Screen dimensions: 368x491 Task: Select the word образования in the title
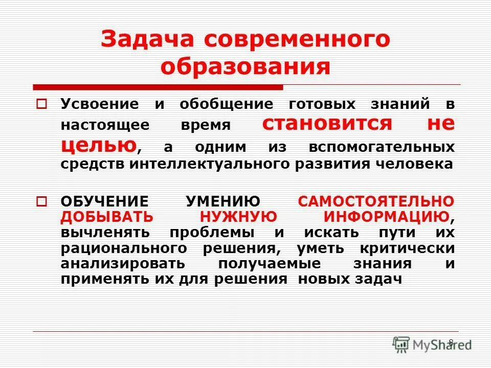245,67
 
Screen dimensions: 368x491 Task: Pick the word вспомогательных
382,147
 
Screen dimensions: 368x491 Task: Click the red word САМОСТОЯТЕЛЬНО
376,201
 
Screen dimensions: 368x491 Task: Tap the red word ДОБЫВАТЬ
106,217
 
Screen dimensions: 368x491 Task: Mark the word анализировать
122,264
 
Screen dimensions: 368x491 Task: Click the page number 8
451,342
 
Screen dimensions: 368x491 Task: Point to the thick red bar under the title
158,86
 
